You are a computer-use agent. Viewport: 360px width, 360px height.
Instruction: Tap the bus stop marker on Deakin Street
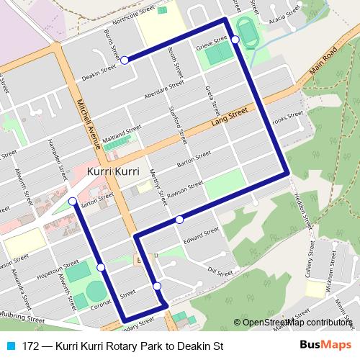click(x=125, y=60)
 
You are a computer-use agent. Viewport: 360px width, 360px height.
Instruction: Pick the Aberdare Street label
click(x=164, y=94)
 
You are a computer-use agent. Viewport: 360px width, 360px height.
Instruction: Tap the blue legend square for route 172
click(x=11, y=346)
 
